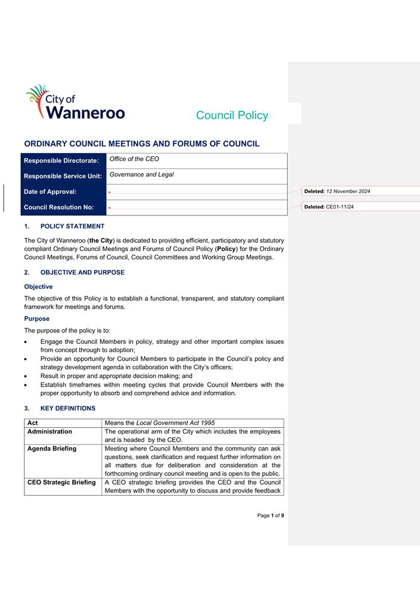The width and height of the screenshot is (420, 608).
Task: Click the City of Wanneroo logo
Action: click(75, 103)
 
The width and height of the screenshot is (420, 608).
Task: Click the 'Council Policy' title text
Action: click(232, 115)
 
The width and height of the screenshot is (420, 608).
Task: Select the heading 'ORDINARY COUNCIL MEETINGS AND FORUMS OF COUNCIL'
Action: click(142, 143)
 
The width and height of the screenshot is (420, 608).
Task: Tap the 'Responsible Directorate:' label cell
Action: click(61, 161)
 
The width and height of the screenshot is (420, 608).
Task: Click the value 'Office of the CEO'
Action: click(134, 159)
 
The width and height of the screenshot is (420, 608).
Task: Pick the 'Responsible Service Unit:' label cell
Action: click(63, 176)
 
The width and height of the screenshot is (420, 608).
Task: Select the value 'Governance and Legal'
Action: click(142, 174)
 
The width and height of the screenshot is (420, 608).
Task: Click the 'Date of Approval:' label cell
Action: click(51, 192)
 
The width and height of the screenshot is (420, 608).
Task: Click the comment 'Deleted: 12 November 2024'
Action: click(337, 191)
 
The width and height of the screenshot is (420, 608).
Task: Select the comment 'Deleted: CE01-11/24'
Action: click(329, 206)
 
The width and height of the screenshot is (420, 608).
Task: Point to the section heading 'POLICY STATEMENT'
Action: click(72, 226)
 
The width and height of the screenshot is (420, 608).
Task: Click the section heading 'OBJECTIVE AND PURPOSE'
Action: click(82, 272)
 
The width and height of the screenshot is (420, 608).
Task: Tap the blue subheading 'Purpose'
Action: click(37, 318)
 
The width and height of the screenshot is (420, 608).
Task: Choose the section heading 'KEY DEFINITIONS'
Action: click(67, 408)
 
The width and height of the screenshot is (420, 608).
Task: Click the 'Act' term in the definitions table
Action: click(33, 422)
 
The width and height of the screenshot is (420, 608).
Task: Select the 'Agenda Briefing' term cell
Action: click(52, 449)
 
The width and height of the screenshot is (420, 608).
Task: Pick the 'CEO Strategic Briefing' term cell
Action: click(62, 482)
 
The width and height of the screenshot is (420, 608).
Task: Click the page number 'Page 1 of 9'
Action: click(270, 515)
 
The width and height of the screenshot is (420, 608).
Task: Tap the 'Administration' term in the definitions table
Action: click(50, 431)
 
